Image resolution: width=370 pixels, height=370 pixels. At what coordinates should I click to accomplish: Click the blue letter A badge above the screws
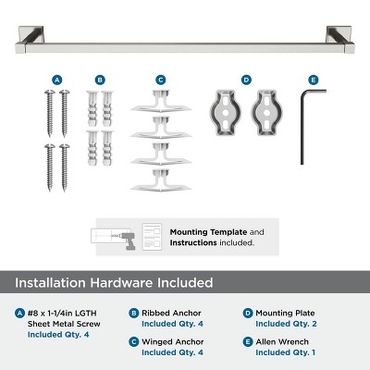click(x=56, y=80)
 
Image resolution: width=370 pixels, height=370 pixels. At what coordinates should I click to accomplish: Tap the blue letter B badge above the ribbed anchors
click(x=100, y=80)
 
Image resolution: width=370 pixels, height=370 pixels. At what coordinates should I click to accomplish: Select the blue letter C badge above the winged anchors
click(x=160, y=80)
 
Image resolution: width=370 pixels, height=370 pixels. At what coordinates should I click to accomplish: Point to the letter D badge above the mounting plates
click(x=246, y=80)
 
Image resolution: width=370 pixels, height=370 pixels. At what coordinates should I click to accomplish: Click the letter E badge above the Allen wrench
click(x=313, y=80)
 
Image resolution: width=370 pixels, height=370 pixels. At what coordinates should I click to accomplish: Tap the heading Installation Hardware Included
click(x=113, y=282)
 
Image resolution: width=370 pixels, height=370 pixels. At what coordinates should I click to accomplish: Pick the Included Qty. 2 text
click(x=285, y=324)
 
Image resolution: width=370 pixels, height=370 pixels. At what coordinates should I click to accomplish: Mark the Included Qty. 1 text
click(x=285, y=352)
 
